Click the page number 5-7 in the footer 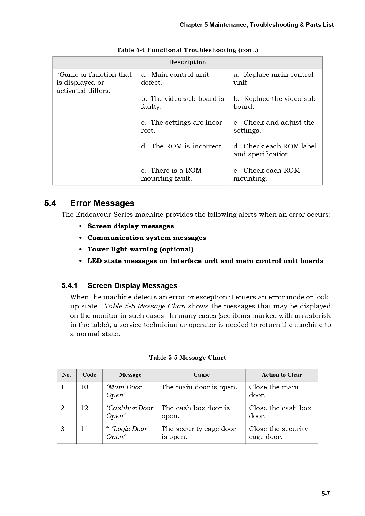[326, 494]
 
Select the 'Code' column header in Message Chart [89, 375]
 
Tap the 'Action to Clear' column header [282, 375]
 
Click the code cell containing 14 [84, 429]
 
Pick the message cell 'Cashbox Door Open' [130, 412]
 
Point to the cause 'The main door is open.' [199, 387]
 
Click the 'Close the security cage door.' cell [278, 433]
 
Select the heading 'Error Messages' [102, 203]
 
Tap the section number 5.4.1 [69, 286]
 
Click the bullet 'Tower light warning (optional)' [140, 249]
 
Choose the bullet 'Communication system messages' [147, 238]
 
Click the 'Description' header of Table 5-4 [187, 62]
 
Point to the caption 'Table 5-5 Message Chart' [188, 358]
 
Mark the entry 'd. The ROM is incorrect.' [182, 146]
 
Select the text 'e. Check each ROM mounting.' [267, 174]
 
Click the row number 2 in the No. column [62, 408]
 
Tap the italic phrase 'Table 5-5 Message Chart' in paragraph [145, 306]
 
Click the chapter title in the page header [256, 25]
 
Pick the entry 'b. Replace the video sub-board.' [276, 103]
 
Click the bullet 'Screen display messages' [130, 226]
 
